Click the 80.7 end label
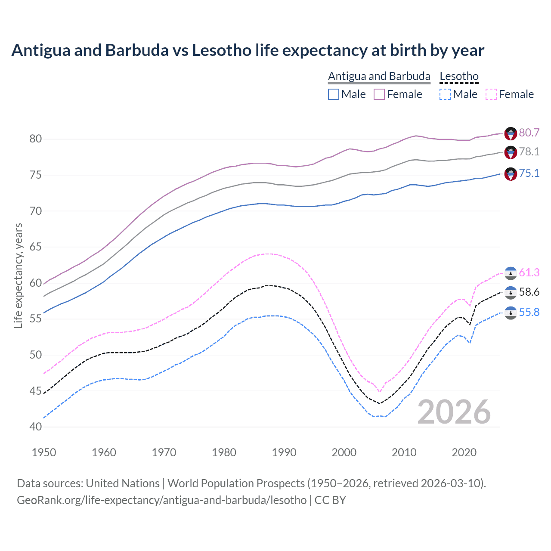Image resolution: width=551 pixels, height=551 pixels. coord(529,133)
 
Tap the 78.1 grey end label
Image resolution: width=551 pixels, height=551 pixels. coord(529,152)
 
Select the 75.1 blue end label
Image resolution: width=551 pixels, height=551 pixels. coord(529,173)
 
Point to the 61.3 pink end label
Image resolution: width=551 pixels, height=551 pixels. coord(529,272)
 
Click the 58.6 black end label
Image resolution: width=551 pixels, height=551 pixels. coord(529,292)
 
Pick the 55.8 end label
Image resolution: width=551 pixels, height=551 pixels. coord(529,312)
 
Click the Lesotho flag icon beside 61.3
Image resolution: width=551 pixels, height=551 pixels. coord(511,273)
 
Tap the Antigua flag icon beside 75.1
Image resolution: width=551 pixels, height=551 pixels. coord(511,174)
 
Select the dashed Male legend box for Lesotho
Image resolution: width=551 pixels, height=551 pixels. coord(445,94)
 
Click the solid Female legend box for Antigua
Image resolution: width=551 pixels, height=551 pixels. coord(379,94)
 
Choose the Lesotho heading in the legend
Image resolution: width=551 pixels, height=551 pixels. coord(459,77)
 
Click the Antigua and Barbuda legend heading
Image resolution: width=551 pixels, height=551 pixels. coord(379,77)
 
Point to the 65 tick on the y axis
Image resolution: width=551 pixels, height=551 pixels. coord(35,247)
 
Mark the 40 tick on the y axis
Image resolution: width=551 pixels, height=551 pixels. coord(35,427)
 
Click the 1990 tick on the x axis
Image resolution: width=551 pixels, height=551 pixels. coord(284,452)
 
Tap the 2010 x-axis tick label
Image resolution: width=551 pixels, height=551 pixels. coord(404,452)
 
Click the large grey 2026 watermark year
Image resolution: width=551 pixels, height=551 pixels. coord(454,412)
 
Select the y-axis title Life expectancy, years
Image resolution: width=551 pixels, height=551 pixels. coord(19,275)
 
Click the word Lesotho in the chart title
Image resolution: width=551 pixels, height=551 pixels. coord(221,50)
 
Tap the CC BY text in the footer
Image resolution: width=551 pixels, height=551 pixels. coord(330,500)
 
